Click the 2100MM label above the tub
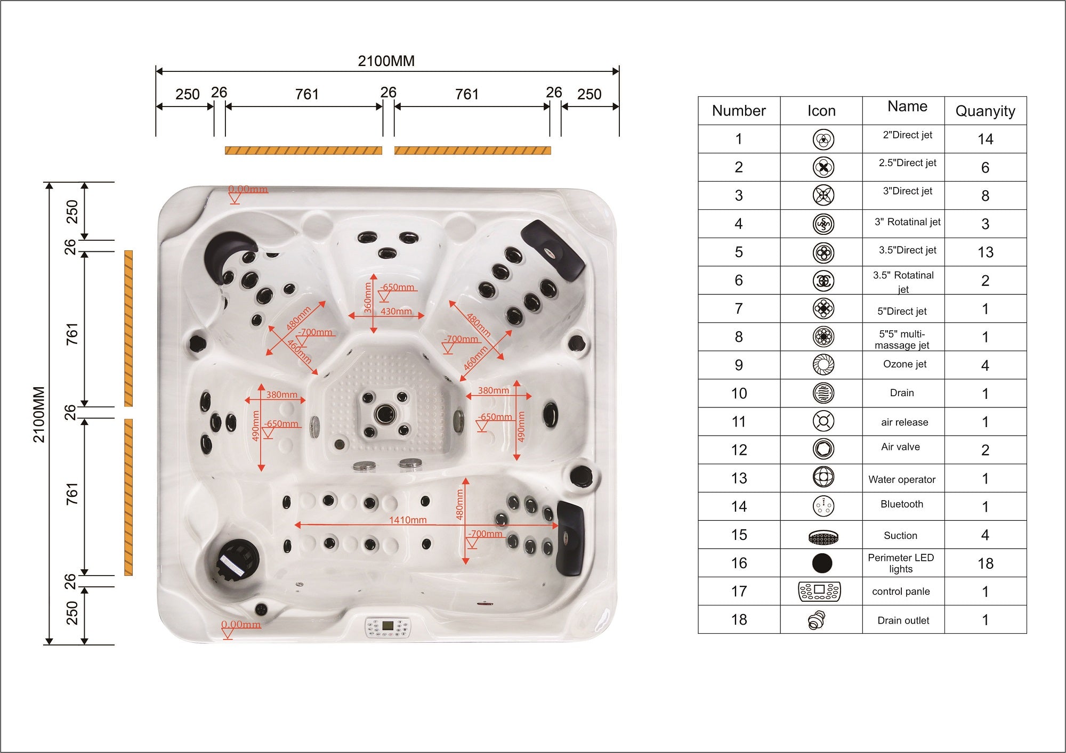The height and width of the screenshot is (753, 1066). click(386, 61)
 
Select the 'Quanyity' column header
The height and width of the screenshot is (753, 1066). click(985, 111)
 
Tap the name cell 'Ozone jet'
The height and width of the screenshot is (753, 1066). click(905, 364)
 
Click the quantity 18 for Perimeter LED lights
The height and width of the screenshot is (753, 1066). click(985, 563)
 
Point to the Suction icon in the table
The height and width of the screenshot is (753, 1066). click(823, 537)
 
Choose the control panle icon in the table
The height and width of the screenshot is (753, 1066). click(820, 591)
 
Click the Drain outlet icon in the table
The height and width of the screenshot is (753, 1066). click(816, 620)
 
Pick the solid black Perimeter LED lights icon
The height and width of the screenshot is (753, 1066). click(822, 563)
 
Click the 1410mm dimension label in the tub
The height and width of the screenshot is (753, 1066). click(408, 520)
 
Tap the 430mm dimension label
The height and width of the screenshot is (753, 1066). click(396, 311)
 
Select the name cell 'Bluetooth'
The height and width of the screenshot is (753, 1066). click(901, 504)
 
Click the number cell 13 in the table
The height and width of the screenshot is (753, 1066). click(739, 478)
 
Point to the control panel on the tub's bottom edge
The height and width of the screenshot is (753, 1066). click(387, 627)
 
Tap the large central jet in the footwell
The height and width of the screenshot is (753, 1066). click(385, 413)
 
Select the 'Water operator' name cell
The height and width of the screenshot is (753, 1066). click(901, 479)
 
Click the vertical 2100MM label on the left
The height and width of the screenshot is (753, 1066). click(39, 414)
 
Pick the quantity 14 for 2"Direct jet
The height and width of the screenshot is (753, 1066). click(985, 139)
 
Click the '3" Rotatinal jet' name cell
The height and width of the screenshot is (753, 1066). click(907, 222)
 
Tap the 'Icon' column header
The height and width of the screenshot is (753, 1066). click(821, 111)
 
